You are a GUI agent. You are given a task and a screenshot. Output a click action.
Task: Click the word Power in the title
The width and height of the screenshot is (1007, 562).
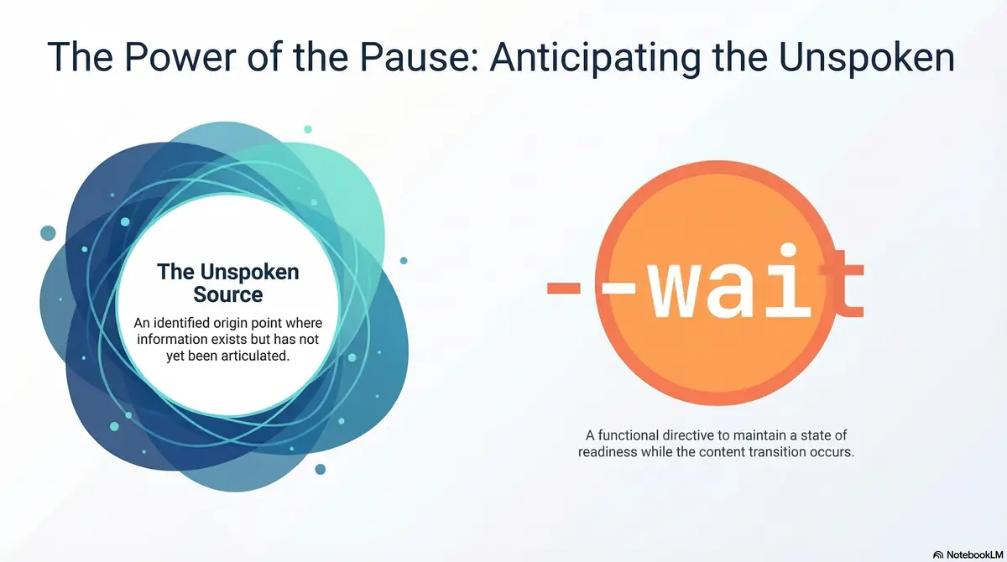(x=180, y=57)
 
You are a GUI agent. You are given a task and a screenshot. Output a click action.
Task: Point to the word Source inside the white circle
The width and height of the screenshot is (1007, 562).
(x=228, y=294)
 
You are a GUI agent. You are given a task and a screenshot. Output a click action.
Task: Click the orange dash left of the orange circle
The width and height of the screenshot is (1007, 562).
(x=564, y=288)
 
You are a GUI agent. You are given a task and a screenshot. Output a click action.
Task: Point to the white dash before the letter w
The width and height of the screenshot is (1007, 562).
(x=618, y=288)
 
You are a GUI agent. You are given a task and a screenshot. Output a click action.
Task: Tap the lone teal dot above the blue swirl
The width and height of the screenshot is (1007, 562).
(x=308, y=129)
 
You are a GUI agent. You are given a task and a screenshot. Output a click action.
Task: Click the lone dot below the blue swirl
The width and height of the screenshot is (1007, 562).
(x=320, y=470)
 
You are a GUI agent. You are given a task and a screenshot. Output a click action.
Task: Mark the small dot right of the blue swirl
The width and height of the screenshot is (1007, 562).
(x=404, y=261)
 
